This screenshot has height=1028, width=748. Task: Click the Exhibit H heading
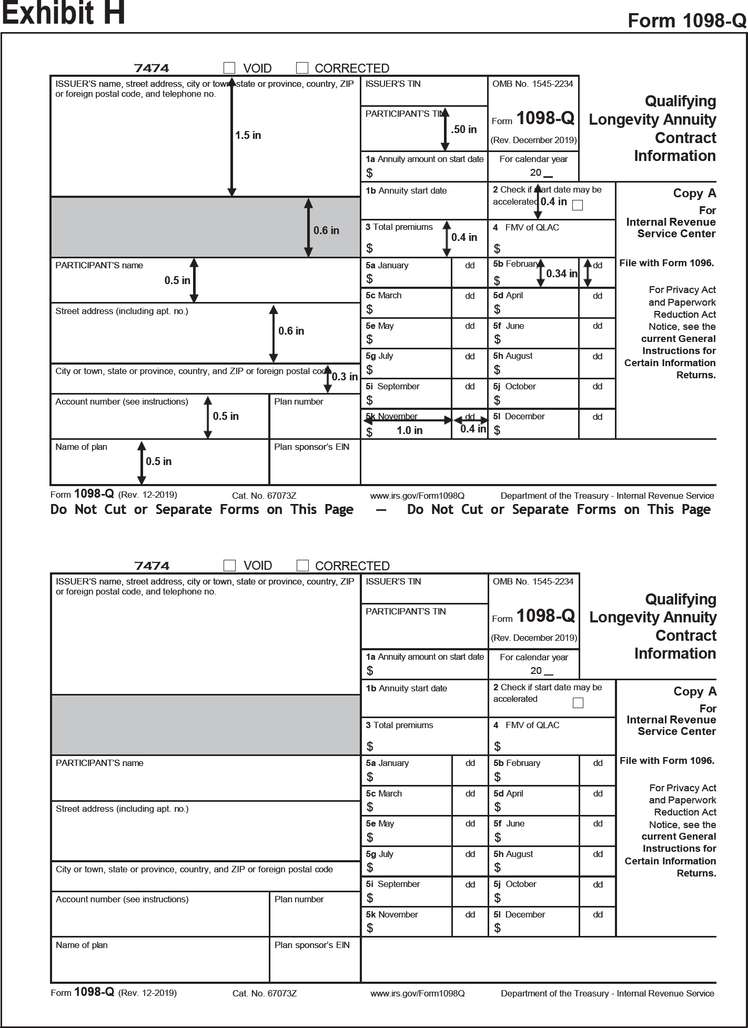coord(64,14)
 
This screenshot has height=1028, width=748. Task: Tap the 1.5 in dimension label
coord(248,135)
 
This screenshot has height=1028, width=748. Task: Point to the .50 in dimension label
coord(464,129)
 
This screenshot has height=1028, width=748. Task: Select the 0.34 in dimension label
coord(561,274)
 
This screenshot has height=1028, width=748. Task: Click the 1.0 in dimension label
coord(409,430)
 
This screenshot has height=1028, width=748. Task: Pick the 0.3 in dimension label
coord(345,377)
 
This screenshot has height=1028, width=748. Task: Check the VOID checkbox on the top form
coord(229,68)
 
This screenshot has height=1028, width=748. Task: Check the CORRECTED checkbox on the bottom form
coord(302,566)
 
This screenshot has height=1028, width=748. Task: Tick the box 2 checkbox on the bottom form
coord(578,703)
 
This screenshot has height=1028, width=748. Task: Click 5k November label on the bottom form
coord(392,914)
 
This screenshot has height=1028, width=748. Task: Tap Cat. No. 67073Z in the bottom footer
coord(265,993)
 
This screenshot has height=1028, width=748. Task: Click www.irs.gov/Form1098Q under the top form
coord(417,496)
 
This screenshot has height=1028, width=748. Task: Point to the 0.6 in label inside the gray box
coord(326,230)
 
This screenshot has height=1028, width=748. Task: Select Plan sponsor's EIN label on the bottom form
coord(312,945)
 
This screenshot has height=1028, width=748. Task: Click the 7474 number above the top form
coord(151,68)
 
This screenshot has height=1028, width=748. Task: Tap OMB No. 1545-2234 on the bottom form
coord(533,581)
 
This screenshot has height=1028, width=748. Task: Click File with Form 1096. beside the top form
coord(666,263)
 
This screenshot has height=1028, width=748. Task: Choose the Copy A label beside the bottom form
coord(695,691)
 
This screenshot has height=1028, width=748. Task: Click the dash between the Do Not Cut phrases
coord(381,510)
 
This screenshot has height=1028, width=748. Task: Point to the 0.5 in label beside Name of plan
coord(158,461)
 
